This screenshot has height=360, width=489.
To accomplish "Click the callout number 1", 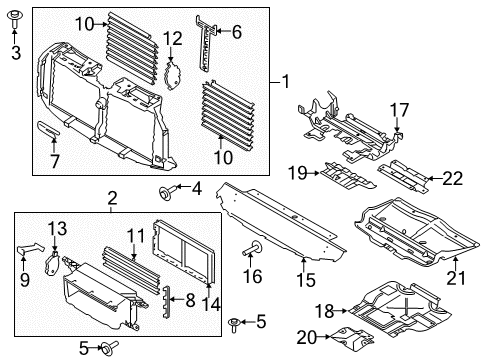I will point(286,81).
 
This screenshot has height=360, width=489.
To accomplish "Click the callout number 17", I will point(399,109).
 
